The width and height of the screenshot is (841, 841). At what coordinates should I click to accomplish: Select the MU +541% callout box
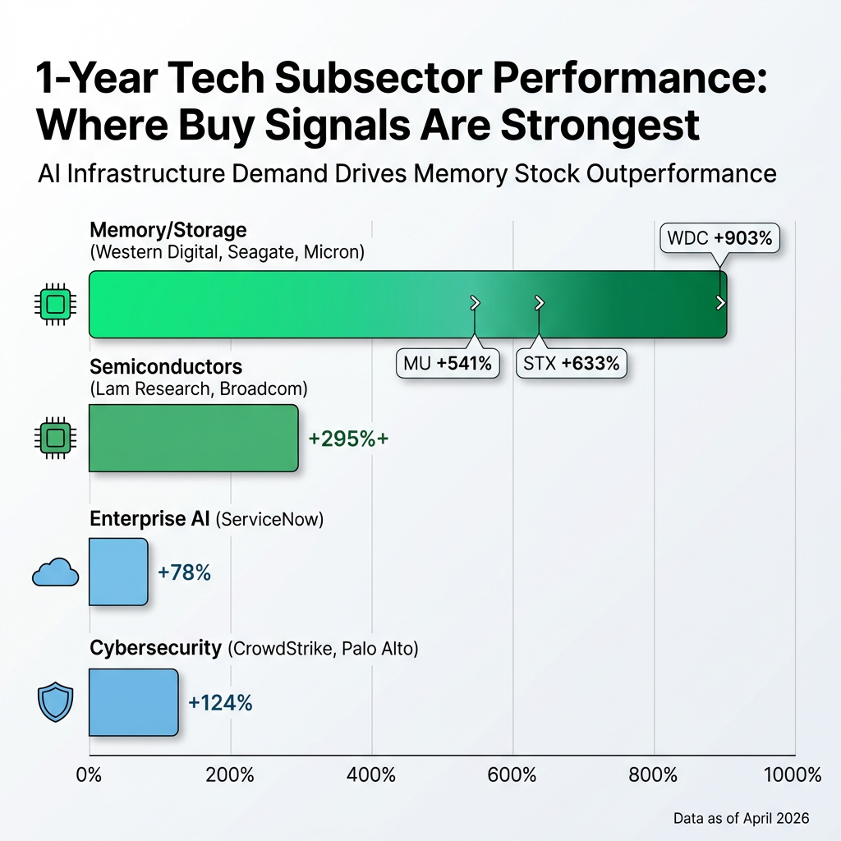448,361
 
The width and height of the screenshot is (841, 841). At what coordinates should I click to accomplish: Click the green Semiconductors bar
193,438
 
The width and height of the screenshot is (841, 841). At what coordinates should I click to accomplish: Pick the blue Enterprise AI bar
118,572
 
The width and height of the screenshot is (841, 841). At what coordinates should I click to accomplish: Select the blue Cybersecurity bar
133,702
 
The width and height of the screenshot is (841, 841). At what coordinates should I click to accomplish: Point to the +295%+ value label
348,439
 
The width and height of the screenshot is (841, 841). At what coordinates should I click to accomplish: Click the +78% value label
184,572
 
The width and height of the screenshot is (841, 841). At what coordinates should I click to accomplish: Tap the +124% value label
220,703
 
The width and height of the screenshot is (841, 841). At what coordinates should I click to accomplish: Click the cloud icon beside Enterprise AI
55,572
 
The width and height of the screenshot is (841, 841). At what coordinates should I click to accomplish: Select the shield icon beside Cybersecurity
56,703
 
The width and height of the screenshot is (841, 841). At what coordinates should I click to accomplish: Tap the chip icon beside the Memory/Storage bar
55,304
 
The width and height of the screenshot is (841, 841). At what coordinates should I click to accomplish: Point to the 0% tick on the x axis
88,774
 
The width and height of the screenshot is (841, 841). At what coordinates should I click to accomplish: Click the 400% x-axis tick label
371,774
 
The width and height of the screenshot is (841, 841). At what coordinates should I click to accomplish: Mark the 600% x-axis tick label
512,774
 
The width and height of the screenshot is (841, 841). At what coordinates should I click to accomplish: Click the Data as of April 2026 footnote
741,818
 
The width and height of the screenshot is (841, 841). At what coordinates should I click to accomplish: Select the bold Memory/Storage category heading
168,229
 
